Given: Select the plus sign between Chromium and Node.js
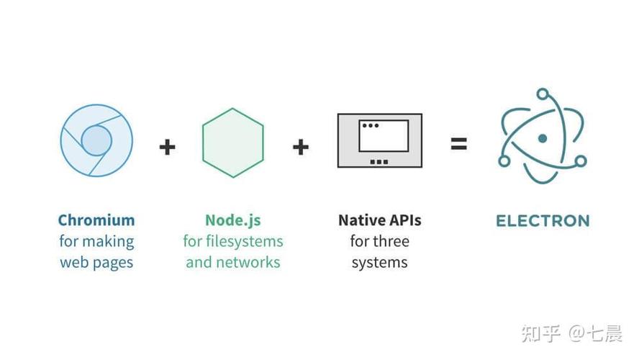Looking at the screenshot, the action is [167, 147].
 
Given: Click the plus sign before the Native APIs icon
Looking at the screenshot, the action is [301, 147].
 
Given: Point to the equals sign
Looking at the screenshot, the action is [459, 143].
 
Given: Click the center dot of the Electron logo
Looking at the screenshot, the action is [543, 139].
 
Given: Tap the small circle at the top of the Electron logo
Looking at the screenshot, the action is [543, 94].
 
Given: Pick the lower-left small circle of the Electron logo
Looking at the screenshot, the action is [504, 161].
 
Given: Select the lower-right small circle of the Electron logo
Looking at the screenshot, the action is [581, 161].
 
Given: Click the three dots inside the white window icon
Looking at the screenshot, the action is [371, 125].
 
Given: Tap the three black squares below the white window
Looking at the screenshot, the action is [379, 162].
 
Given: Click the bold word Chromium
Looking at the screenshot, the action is [96, 220].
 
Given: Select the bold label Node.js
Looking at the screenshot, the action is [233, 220].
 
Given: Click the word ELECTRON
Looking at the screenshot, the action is [543, 221].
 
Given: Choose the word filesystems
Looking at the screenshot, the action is [245, 241].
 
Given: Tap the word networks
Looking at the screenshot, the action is [248, 262].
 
